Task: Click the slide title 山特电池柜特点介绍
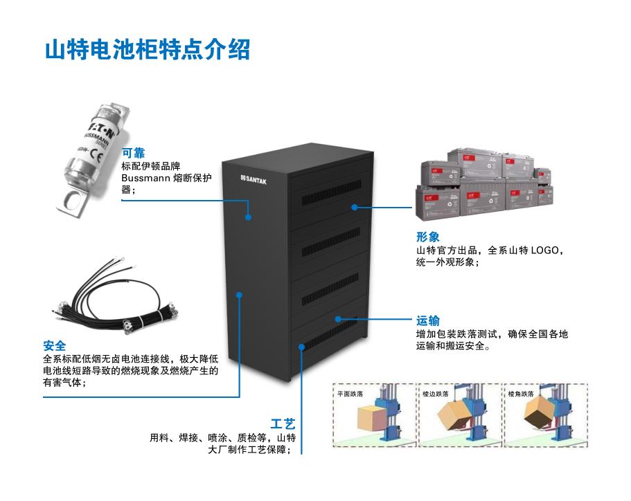tap(147, 51)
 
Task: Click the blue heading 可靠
tap(133, 153)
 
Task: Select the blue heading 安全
tap(55, 345)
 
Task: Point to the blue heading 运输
tap(427, 320)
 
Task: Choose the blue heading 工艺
tap(283, 423)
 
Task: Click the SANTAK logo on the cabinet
tap(258, 179)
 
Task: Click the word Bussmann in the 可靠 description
tap(144, 178)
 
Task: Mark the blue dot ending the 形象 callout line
tap(353, 206)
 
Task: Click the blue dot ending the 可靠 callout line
tap(248, 217)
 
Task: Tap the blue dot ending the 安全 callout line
tap(240, 295)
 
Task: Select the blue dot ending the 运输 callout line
tap(338, 319)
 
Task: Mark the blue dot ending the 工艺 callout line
tap(302, 347)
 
